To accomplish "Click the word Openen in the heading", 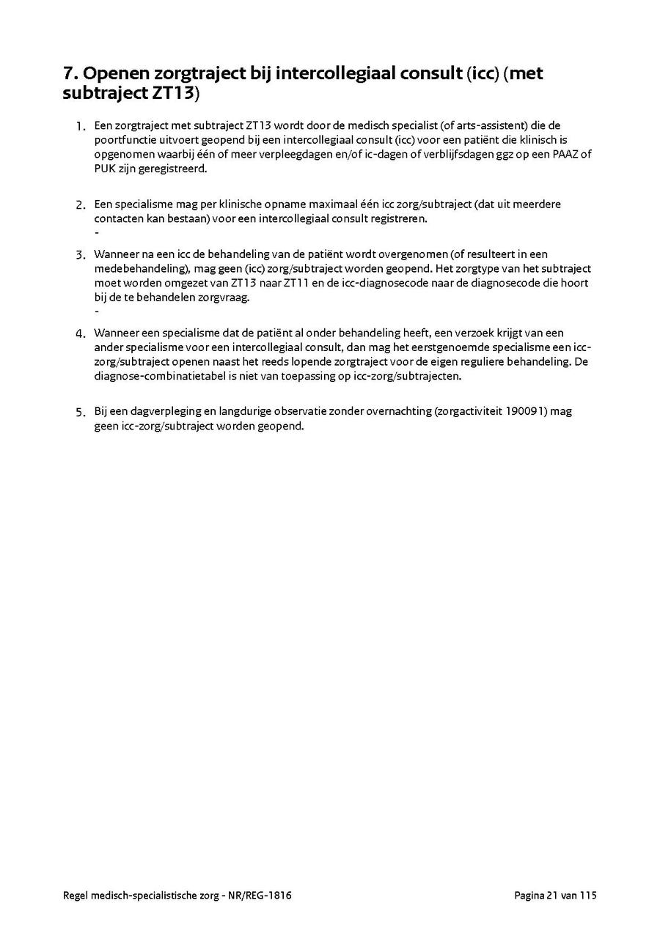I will (x=120, y=74).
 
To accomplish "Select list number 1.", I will (x=81, y=127).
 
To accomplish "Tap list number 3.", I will (x=81, y=255).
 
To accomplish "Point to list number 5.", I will (x=81, y=412).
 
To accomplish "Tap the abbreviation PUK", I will (x=104, y=169).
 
